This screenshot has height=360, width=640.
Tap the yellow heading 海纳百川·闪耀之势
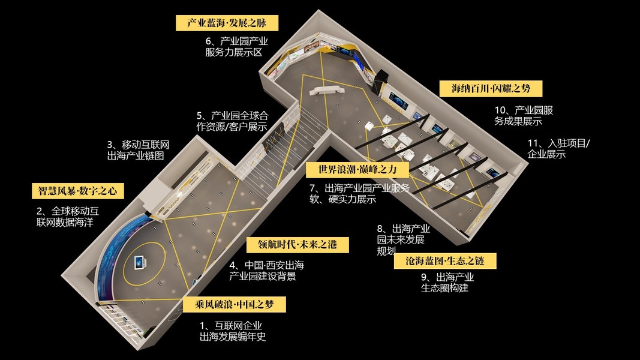tap(491, 89)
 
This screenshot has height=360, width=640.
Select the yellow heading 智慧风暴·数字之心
tap(78, 191)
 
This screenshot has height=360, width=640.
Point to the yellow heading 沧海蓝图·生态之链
tap(446, 261)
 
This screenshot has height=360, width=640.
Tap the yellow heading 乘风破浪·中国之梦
tap(235, 304)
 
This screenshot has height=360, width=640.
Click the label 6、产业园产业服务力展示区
tap(236, 47)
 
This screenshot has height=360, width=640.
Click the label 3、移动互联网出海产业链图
tap(139, 150)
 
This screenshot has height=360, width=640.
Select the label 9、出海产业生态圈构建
tap(447, 282)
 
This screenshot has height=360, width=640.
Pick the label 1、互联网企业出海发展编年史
tap(232, 331)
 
